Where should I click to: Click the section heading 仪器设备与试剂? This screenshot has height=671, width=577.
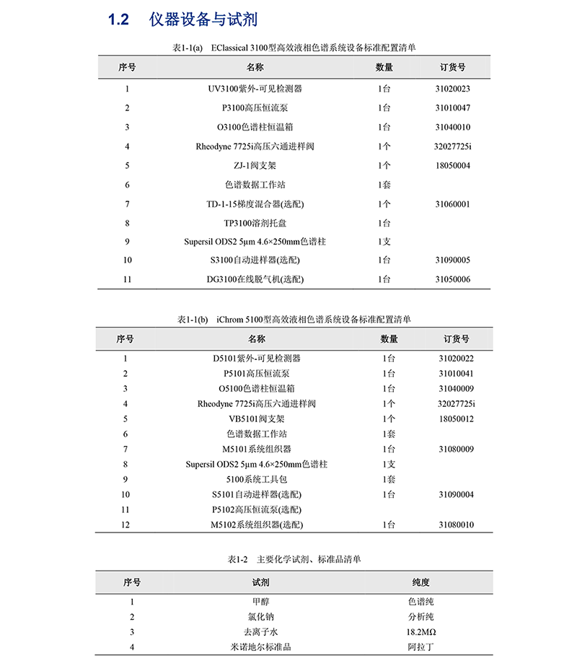pyautogui.click(x=203, y=19)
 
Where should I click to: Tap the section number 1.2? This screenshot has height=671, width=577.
pyautogui.click(x=118, y=19)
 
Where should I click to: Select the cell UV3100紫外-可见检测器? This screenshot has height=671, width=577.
pyautogui.click(x=255, y=89)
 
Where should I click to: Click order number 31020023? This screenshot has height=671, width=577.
pyautogui.click(x=453, y=89)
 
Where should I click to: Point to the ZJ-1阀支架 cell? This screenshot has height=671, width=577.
pyautogui.click(x=255, y=165)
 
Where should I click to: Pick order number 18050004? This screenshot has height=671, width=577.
pyautogui.click(x=453, y=165)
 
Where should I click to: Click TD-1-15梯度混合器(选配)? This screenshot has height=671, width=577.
pyautogui.click(x=255, y=204)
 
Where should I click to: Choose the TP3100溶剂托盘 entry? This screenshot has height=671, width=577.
pyautogui.click(x=255, y=223)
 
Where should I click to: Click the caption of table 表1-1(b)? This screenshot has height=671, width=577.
pyautogui.click(x=294, y=319)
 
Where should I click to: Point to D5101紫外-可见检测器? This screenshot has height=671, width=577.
pyautogui.click(x=257, y=358)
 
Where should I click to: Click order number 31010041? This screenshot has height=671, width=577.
pyautogui.click(x=456, y=374)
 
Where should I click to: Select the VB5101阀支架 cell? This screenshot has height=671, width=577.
pyautogui.click(x=257, y=418)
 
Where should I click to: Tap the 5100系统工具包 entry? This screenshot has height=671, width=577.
pyautogui.click(x=257, y=479)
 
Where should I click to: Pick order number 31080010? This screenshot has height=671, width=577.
pyautogui.click(x=456, y=525)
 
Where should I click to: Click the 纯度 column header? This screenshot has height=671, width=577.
pyautogui.click(x=420, y=582)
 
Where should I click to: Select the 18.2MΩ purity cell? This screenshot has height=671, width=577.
pyautogui.click(x=420, y=632)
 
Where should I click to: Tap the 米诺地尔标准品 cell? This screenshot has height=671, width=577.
pyautogui.click(x=257, y=647)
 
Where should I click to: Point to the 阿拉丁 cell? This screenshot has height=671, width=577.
pyautogui.click(x=420, y=647)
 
